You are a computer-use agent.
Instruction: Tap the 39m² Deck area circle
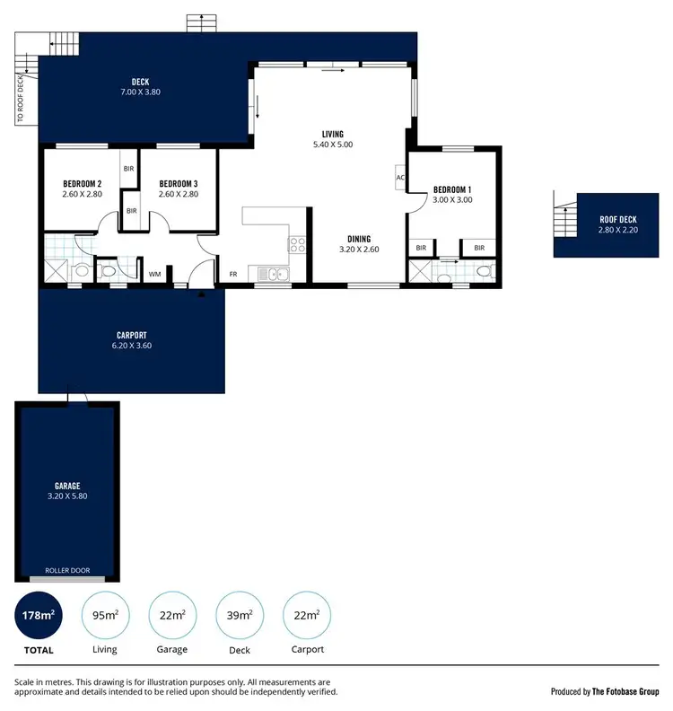click(x=240, y=615)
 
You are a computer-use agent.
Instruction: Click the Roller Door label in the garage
click(x=67, y=569)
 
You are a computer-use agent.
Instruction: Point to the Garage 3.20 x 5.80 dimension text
click(x=67, y=496)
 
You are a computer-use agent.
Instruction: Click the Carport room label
click(x=131, y=335)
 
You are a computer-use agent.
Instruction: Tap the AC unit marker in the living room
click(x=400, y=178)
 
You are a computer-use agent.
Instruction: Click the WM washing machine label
click(x=154, y=274)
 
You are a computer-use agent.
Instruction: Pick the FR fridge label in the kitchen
click(x=233, y=274)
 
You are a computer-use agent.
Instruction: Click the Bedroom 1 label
click(x=451, y=189)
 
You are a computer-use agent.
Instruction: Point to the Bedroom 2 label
click(x=81, y=184)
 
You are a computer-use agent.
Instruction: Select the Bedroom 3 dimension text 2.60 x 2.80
click(x=178, y=194)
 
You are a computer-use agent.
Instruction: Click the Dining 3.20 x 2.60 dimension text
click(x=359, y=249)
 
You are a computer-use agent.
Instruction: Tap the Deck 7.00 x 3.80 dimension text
click(x=140, y=92)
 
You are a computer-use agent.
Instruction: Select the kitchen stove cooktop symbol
click(x=298, y=243)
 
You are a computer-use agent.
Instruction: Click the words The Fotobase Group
click(x=625, y=692)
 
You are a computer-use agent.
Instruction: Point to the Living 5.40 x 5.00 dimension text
click(x=333, y=145)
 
